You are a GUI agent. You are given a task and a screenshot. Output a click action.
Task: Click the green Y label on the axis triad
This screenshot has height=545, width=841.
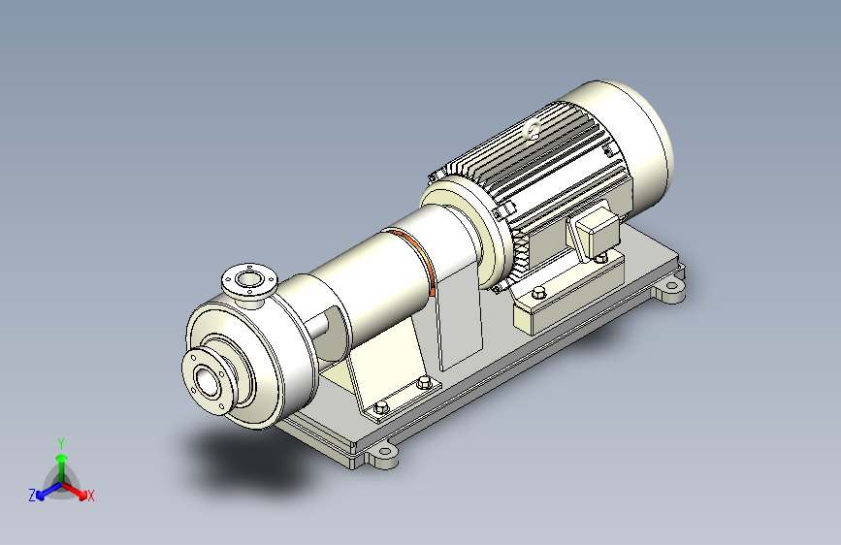click(x=61, y=443)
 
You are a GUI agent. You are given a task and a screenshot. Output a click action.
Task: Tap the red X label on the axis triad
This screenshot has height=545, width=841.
click(x=90, y=496)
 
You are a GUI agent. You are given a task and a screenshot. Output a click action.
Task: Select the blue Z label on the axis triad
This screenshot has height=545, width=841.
click(x=32, y=496)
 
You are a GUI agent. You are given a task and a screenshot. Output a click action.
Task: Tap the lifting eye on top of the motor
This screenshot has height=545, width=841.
click(x=533, y=129)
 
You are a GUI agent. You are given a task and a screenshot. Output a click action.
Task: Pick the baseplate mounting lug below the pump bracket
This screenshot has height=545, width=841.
click(x=382, y=457)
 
